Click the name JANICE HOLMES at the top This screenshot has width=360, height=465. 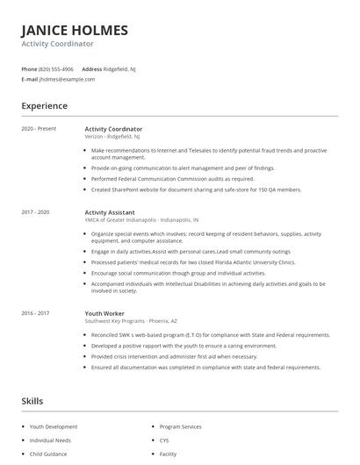[75, 30]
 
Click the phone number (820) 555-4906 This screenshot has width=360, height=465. [57, 68]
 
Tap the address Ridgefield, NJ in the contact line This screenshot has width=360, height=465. [121, 68]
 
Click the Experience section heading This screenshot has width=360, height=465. [45, 106]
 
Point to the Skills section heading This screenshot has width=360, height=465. [32, 401]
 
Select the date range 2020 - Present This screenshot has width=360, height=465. [39, 129]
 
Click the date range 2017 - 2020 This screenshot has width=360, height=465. [36, 212]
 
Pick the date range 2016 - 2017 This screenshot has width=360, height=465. [36, 313]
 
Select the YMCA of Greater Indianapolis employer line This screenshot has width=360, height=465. [141, 220]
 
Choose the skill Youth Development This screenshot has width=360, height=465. [54, 426]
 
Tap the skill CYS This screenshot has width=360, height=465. [165, 440]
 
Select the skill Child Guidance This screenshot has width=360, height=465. [48, 454]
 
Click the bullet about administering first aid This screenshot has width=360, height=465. [174, 357]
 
